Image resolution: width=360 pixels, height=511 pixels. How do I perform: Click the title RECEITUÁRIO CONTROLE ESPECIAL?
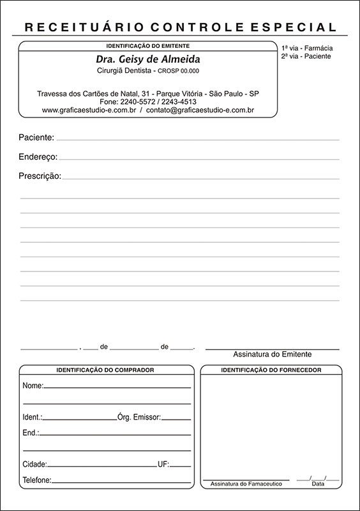coord(180,27)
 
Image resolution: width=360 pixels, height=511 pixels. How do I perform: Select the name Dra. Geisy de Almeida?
coord(147,59)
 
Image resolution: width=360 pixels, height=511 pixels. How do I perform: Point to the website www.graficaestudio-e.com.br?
coord(88,110)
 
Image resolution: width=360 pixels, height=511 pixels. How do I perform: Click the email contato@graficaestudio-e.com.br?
coord(200,110)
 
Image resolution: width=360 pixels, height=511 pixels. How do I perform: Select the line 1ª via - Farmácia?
coord(307,49)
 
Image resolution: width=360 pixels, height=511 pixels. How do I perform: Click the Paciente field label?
coord(36,137)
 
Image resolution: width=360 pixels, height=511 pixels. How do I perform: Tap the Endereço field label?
coord(38,156)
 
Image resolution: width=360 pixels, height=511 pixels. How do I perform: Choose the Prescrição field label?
coord(40,176)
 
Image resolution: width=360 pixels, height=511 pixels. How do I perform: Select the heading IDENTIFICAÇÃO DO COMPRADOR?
coord(105,370)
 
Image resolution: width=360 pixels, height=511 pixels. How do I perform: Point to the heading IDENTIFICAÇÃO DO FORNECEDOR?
coord(271,370)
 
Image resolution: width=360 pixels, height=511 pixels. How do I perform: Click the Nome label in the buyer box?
coord(33,386)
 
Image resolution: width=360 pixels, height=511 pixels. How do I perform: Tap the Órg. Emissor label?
coord(139,416)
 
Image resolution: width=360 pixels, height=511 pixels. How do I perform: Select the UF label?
coord(163,464)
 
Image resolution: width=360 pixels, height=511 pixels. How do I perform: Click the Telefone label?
coord(36,480)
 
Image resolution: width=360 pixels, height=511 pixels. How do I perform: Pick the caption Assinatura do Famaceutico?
coord(246,484)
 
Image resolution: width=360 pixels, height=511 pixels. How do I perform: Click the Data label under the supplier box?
coord(318,484)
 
